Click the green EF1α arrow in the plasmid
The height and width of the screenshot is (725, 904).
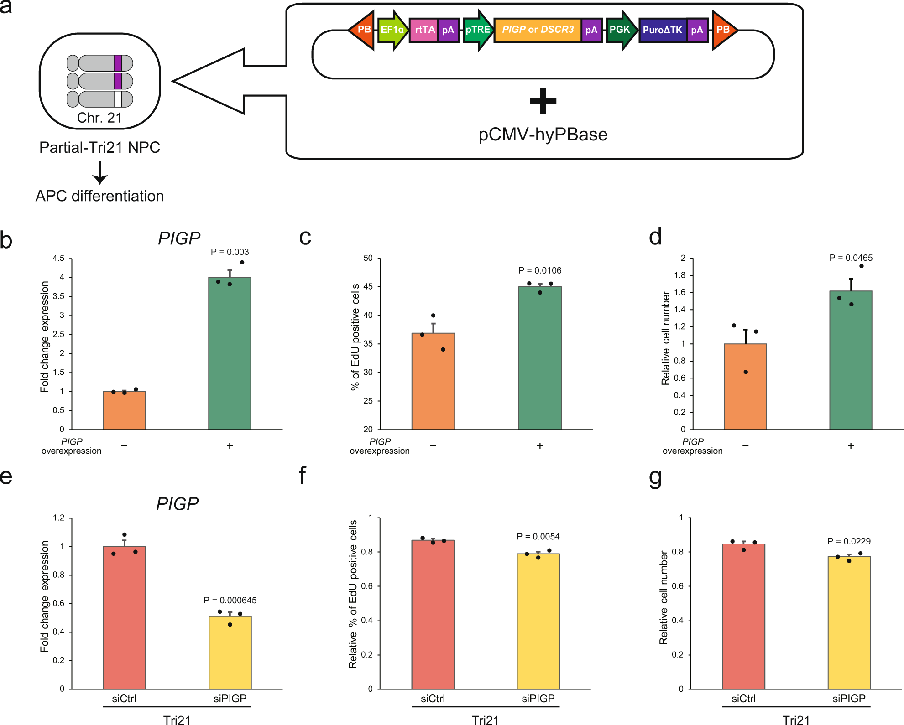392,30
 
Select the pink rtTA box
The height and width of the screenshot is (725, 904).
424,30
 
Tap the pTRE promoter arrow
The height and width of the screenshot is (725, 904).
477,30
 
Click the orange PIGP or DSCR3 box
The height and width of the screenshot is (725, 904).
538,30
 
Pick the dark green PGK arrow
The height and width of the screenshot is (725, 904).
620,30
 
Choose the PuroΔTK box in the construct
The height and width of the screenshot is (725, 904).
662,30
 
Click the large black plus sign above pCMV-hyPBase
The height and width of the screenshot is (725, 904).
543,101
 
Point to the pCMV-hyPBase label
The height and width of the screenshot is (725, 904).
543,135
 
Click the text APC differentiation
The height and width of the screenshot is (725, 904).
99,196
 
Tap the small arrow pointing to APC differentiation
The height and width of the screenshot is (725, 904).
99,173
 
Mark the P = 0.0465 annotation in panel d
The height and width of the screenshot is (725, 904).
851,258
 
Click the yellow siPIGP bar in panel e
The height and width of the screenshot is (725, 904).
230,652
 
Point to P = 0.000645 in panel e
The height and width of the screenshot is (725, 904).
230,600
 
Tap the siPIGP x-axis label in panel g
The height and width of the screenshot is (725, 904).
849,699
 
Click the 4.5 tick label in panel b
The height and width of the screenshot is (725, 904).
58,259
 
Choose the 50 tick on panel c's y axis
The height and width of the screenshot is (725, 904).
368,259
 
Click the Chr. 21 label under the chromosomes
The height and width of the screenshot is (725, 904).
99,118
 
